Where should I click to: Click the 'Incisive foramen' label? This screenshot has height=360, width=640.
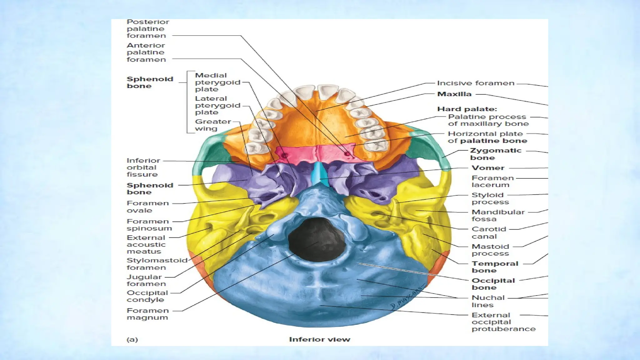(475, 83)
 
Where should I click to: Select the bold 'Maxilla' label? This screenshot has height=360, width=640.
(454, 94)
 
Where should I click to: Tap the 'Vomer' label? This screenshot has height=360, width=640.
(488, 168)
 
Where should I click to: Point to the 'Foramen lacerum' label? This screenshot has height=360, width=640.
(492, 181)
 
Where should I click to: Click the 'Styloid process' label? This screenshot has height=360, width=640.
(490, 198)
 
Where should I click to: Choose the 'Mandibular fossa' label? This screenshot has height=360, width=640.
(498, 215)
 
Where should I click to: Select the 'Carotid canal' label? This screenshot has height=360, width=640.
(489, 232)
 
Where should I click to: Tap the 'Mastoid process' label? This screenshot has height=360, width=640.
(490, 250)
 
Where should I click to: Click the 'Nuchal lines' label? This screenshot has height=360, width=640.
(488, 301)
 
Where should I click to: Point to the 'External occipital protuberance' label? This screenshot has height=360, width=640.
(503, 322)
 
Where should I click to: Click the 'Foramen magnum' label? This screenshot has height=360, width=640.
(147, 314)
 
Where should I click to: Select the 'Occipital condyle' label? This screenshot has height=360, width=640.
(147, 296)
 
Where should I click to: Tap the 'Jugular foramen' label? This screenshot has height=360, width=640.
(146, 280)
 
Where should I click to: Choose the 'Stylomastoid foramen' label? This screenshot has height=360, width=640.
(157, 264)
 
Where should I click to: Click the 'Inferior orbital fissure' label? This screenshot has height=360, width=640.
(143, 167)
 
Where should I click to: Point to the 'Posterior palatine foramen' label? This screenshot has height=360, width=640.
(147, 29)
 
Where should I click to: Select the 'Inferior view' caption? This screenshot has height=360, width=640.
(319, 339)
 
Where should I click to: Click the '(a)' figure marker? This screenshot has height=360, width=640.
(132, 339)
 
